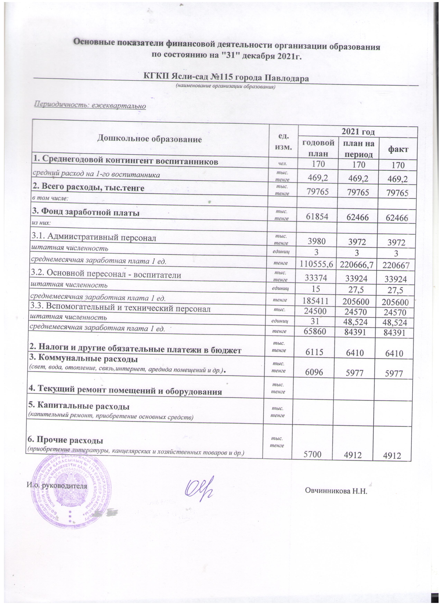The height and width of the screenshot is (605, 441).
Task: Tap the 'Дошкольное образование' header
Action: tap(149, 139)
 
